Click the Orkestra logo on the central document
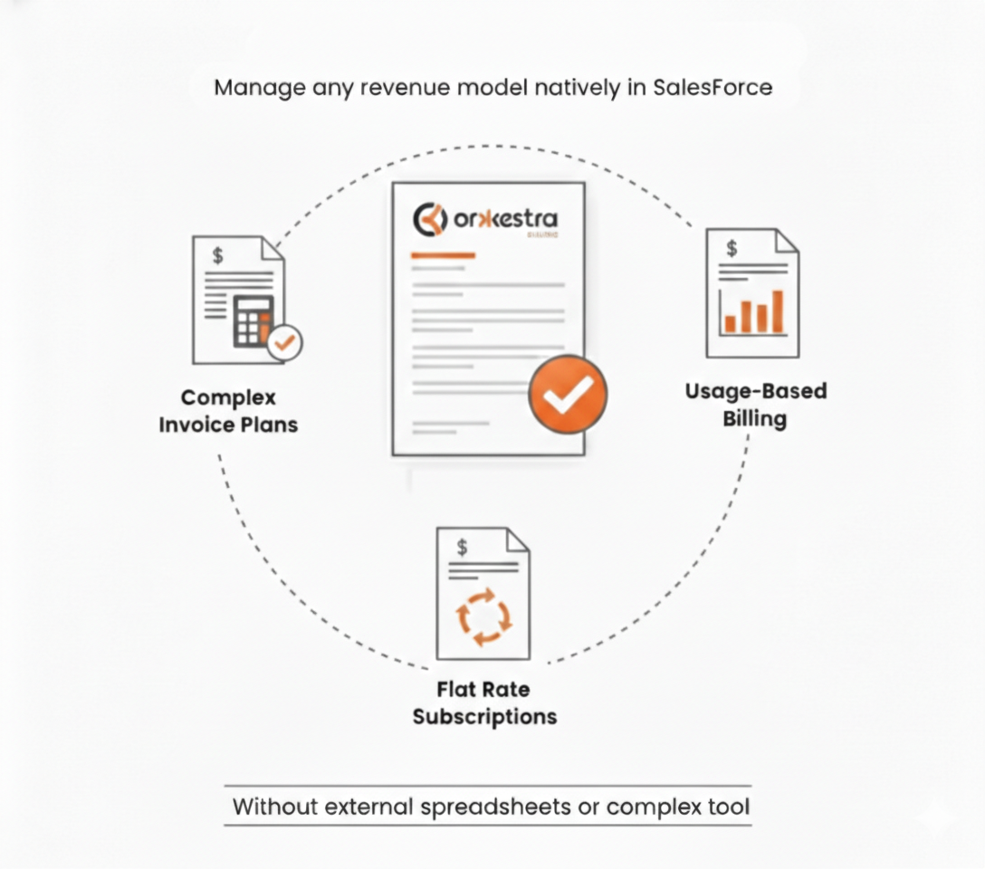click(x=485, y=219)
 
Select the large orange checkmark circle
click(x=568, y=392)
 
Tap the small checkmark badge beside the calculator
click(x=286, y=342)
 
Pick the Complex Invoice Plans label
click(x=228, y=411)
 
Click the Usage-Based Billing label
click(x=755, y=405)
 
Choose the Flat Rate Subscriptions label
click(x=484, y=703)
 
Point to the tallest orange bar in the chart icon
click(x=778, y=311)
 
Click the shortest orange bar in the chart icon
click(x=730, y=323)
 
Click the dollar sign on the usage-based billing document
click(x=732, y=248)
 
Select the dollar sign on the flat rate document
click(x=463, y=546)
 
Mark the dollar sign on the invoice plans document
click(x=217, y=255)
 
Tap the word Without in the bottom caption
click(x=271, y=807)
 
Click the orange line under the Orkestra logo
click(x=443, y=256)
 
